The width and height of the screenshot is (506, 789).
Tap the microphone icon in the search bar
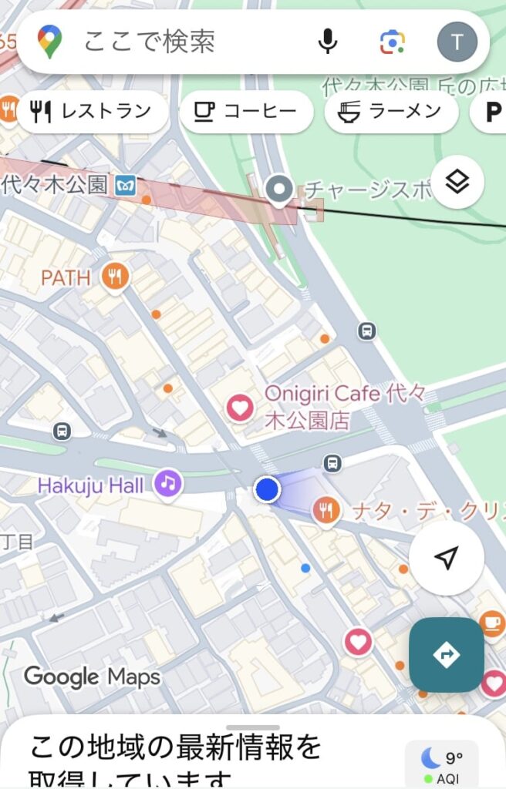[x=328, y=42]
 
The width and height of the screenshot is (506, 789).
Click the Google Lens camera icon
[x=393, y=42]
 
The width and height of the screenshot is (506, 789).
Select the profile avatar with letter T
[x=457, y=42]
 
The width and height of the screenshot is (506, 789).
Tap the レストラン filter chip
[x=93, y=112]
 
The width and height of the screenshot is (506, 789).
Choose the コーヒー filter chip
[x=246, y=112]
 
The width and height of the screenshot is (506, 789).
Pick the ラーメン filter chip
[x=391, y=112]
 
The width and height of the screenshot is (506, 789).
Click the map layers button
[x=457, y=182]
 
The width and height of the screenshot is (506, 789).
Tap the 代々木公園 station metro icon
[x=125, y=185]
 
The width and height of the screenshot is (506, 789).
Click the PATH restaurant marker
[x=115, y=277]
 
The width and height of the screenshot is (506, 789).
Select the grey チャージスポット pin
[x=278, y=189]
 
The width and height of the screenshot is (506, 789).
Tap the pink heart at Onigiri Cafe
[x=240, y=408]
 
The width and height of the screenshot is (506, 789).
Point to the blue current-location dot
[x=267, y=489]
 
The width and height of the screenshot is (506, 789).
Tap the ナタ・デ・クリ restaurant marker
[x=327, y=510]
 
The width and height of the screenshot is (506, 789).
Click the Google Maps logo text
[x=92, y=677]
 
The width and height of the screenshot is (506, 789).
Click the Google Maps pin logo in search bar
[x=50, y=42]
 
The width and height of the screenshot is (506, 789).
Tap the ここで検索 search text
[x=150, y=42]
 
